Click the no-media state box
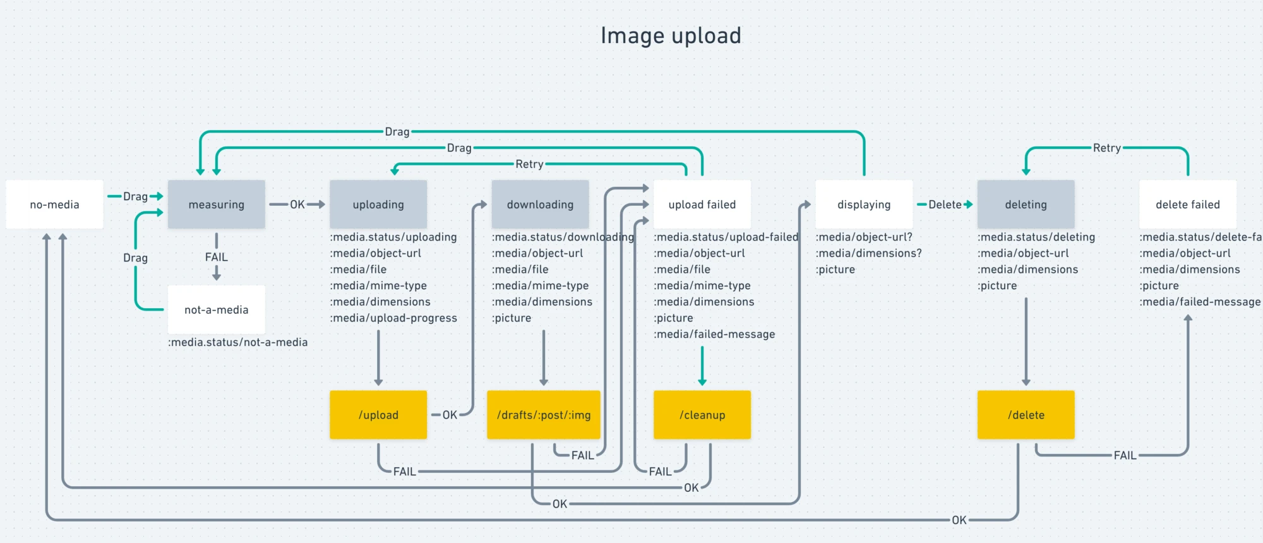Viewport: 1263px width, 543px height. pyautogui.click(x=54, y=205)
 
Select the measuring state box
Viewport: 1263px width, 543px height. pyautogui.click(x=216, y=205)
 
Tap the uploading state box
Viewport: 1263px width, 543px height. pyautogui.click(x=378, y=205)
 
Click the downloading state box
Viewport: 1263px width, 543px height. pyautogui.click(x=540, y=205)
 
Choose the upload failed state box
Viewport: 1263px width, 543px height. pyautogui.click(x=702, y=205)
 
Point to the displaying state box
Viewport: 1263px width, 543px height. pyautogui.click(x=864, y=205)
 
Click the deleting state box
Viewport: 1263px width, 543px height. pyautogui.click(x=1026, y=205)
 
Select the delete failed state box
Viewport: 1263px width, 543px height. pyautogui.click(x=1187, y=205)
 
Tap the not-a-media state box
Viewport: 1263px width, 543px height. pyautogui.click(x=216, y=310)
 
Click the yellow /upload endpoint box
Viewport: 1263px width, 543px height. pyautogui.click(x=378, y=415)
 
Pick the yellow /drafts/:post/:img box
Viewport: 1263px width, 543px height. pyautogui.click(x=543, y=415)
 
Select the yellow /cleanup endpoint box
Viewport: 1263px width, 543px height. pyautogui.click(x=702, y=415)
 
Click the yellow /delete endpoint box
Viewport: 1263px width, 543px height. pyautogui.click(x=1026, y=415)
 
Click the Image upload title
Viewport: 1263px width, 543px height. pyautogui.click(x=671, y=36)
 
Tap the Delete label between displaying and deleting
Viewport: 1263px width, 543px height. pyautogui.click(x=945, y=205)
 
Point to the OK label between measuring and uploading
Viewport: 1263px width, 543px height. pyautogui.click(x=297, y=205)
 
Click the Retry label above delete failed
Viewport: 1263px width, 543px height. pyautogui.click(x=1106, y=148)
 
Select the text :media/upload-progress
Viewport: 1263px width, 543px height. pyautogui.click(x=393, y=318)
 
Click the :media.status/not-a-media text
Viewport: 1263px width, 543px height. pyautogui.click(x=238, y=342)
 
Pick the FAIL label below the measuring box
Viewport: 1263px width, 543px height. pyautogui.click(x=216, y=257)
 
